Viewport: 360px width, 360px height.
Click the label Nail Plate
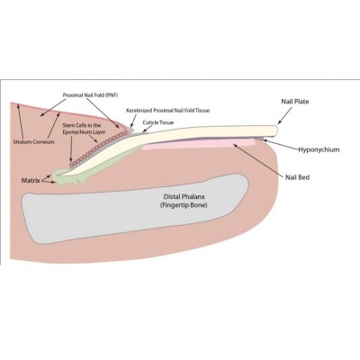[x=295, y=102]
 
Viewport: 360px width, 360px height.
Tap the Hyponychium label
[x=319, y=149]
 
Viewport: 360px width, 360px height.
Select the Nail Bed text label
[x=297, y=177]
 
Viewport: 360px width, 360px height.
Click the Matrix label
[x=31, y=181]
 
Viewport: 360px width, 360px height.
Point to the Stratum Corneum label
[x=34, y=141]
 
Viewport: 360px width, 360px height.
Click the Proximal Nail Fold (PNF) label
[x=90, y=95]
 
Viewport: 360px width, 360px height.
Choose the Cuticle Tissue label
[x=158, y=122]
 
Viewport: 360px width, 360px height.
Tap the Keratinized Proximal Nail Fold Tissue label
[x=167, y=111]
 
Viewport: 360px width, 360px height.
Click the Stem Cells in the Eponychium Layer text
[x=84, y=129]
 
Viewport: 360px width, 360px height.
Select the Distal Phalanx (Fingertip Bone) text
[x=184, y=201]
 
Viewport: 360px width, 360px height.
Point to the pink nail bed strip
[x=198, y=144]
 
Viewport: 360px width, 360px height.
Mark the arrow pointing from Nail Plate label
[x=285, y=115]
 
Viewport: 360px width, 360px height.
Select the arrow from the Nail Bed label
[x=259, y=159]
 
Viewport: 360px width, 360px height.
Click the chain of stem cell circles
[x=96, y=149]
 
